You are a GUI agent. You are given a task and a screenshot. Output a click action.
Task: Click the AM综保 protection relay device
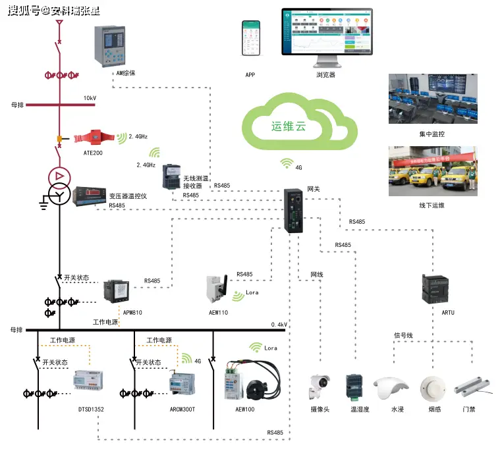pyautogui.click(x=109, y=45)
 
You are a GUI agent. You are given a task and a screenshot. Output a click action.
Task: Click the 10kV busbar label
pyautogui.click(x=90, y=98)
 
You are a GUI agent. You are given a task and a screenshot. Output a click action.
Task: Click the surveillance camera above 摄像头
pyautogui.click(x=320, y=387)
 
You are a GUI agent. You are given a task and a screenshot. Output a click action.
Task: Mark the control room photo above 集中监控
pyautogui.click(x=432, y=99)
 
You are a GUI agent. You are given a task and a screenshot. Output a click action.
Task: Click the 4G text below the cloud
pyautogui.click(x=298, y=168)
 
